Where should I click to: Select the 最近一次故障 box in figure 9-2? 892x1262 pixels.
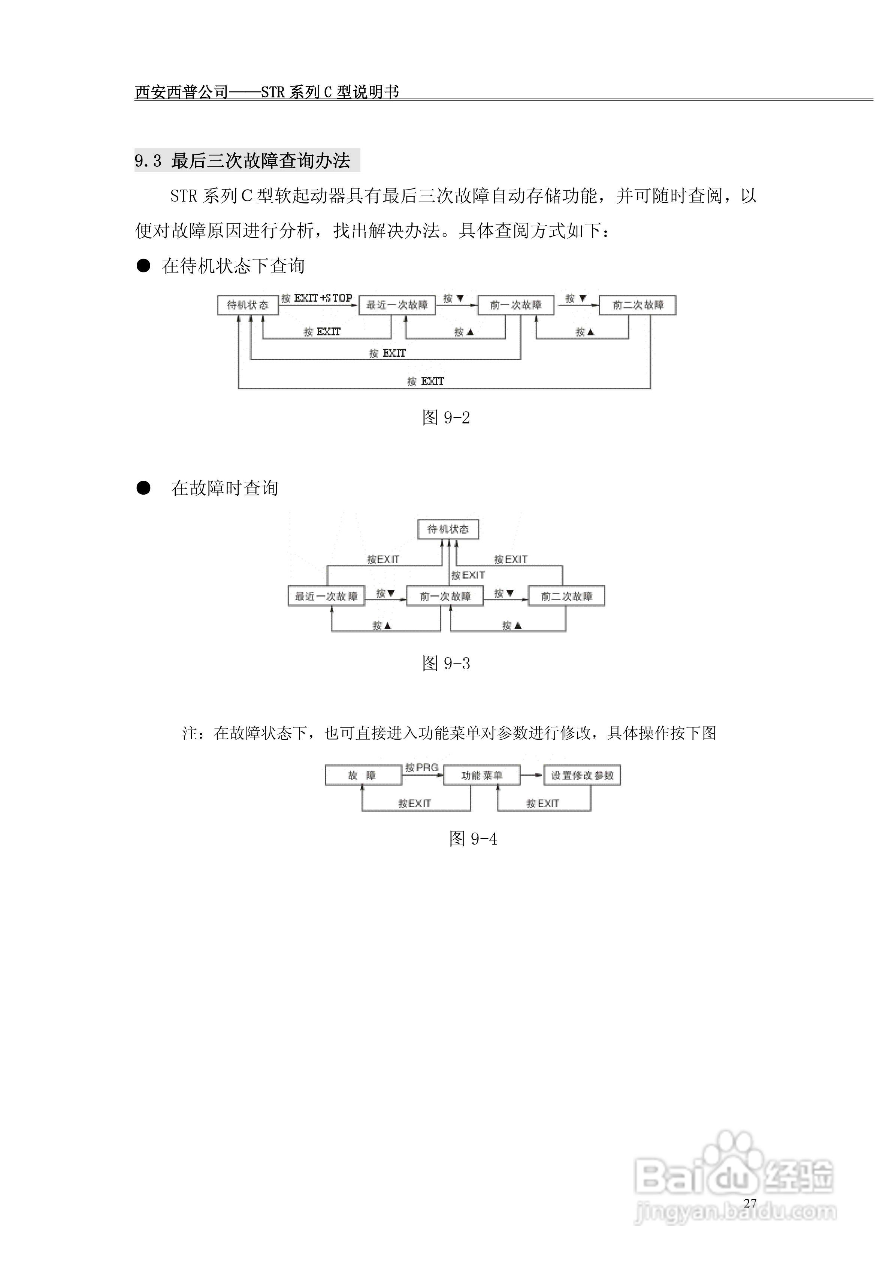click(x=397, y=305)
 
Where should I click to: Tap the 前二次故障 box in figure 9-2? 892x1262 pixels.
click(x=638, y=305)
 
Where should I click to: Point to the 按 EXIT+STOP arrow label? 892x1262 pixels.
click(x=317, y=298)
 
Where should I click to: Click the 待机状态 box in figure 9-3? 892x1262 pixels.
click(x=448, y=529)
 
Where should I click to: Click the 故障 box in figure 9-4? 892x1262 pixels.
click(x=363, y=776)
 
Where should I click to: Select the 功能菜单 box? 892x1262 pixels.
click(x=481, y=776)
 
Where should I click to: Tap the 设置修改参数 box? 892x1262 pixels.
click(x=582, y=776)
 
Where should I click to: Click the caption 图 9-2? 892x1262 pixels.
click(x=446, y=418)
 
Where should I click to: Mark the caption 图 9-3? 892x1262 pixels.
click(x=446, y=664)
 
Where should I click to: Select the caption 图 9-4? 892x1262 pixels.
click(x=473, y=839)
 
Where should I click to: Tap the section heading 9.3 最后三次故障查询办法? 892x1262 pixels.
click(x=242, y=160)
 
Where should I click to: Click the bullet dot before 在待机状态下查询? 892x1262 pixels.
click(x=143, y=266)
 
